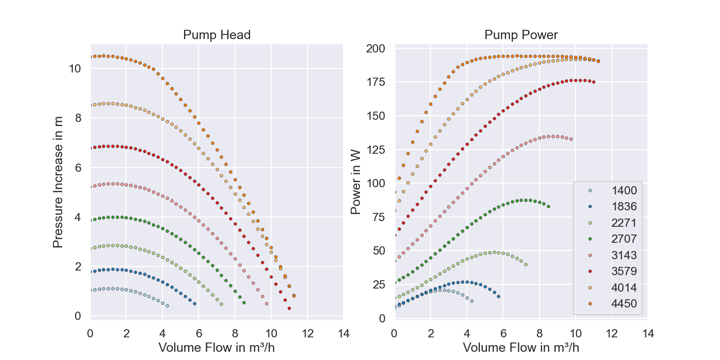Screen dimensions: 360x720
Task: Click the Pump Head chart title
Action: coord(217,35)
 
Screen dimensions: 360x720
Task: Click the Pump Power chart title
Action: coord(521,35)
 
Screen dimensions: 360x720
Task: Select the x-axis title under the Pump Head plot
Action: coord(217,347)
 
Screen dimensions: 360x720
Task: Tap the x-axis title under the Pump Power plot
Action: coord(521,347)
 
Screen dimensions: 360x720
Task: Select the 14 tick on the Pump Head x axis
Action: coord(343,333)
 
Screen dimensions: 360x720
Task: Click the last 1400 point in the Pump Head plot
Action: coord(167,305)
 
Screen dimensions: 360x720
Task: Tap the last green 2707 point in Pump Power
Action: coord(548,207)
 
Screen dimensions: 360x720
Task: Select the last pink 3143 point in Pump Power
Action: coord(571,139)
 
